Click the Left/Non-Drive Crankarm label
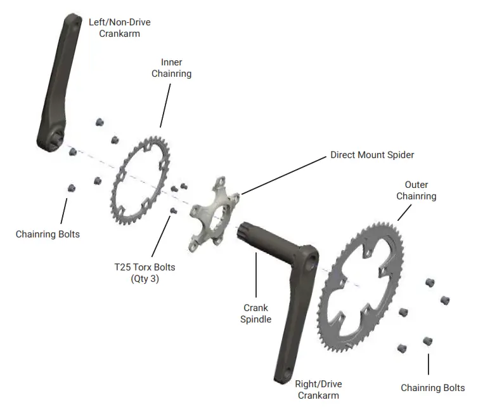119,27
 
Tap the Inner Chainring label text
171,68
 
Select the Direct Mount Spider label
372,155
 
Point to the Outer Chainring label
416,190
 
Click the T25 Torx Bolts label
140,267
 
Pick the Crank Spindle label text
255,314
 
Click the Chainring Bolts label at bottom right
432,388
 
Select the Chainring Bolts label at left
48,234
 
